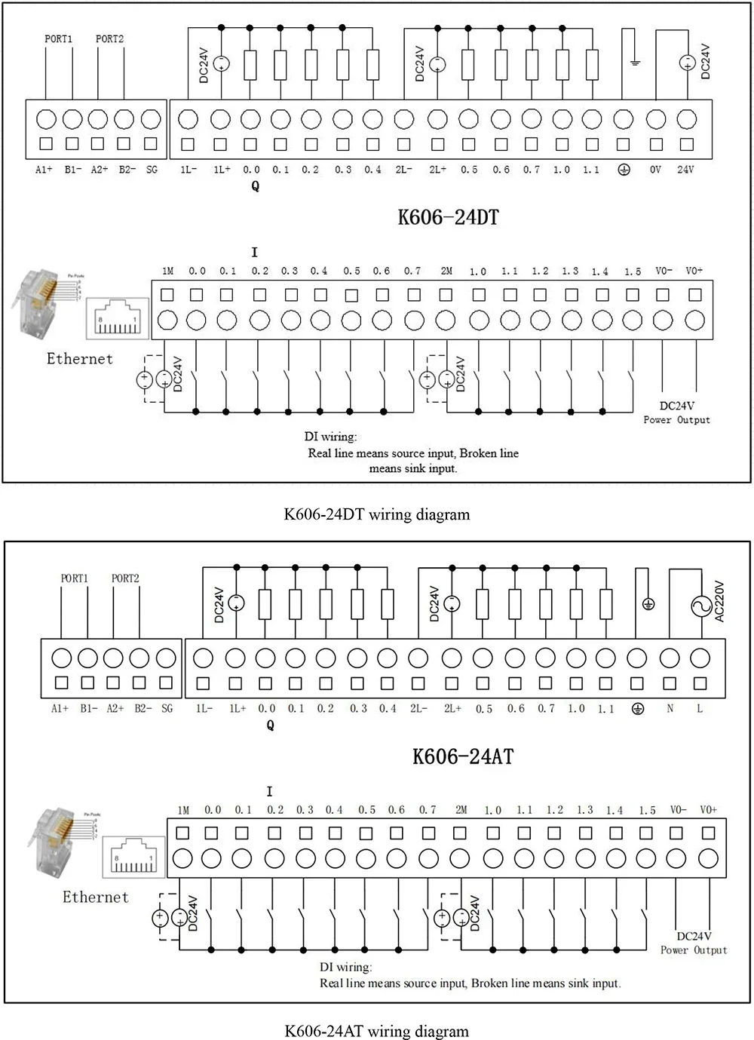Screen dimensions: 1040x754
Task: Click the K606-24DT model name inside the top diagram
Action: (x=448, y=218)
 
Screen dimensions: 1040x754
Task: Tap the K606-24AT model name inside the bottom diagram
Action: (x=463, y=756)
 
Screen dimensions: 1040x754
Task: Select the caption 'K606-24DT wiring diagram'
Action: (x=376, y=514)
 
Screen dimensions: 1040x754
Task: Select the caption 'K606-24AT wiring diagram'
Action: (x=376, y=1031)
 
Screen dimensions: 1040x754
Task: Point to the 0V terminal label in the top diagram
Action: (x=655, y=170)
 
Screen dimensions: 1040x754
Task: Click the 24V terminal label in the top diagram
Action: (x=685, y=170)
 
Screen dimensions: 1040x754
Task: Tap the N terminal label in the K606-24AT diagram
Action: (x=670, y=709)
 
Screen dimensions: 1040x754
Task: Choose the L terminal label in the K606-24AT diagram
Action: (x=700, y=709)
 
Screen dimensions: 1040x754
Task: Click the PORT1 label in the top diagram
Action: (x=58, y=39)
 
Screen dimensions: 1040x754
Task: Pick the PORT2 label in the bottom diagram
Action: (x=125, y=578)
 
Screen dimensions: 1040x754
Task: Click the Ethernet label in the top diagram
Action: (x=80, y=359)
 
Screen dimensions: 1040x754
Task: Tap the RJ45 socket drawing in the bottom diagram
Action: (x=133, y=856)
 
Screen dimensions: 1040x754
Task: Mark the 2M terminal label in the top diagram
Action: (x=446, y=272)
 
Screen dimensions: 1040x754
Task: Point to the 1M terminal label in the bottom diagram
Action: (x=183, y=811)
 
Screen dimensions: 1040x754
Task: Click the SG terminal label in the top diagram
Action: (x=152, y=170)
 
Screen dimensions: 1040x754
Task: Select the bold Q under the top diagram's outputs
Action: (x=255, y=186)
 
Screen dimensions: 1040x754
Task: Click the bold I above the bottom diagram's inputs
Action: (x=269, y=792)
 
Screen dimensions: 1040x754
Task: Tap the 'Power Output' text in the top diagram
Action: (x=676, y=420)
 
